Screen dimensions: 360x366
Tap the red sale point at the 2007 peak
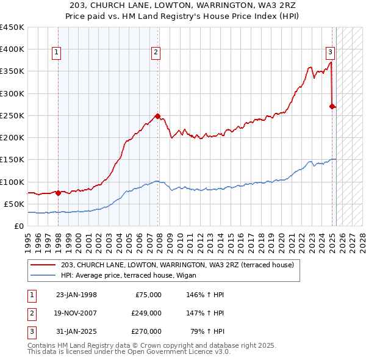(x=157, y=115)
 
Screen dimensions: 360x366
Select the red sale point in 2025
(x=332, y=106)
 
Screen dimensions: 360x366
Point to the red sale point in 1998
(x=58, y=193)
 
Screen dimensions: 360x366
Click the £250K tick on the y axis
(x=12, y=115)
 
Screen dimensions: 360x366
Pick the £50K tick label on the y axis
(x=15, y=204)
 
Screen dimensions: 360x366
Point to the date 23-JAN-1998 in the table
(x=76, y=295)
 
